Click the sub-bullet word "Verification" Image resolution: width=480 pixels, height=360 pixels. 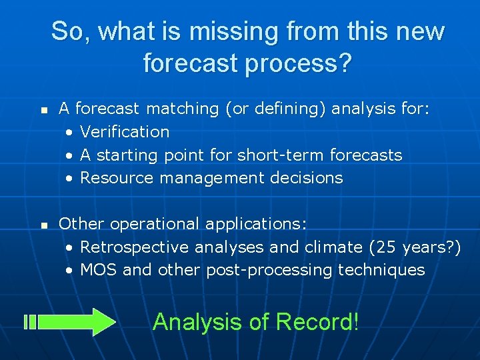click(125, 131)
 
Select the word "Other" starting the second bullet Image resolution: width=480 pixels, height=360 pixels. click(80, 223)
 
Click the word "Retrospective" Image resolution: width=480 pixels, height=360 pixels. click(135, 247)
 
